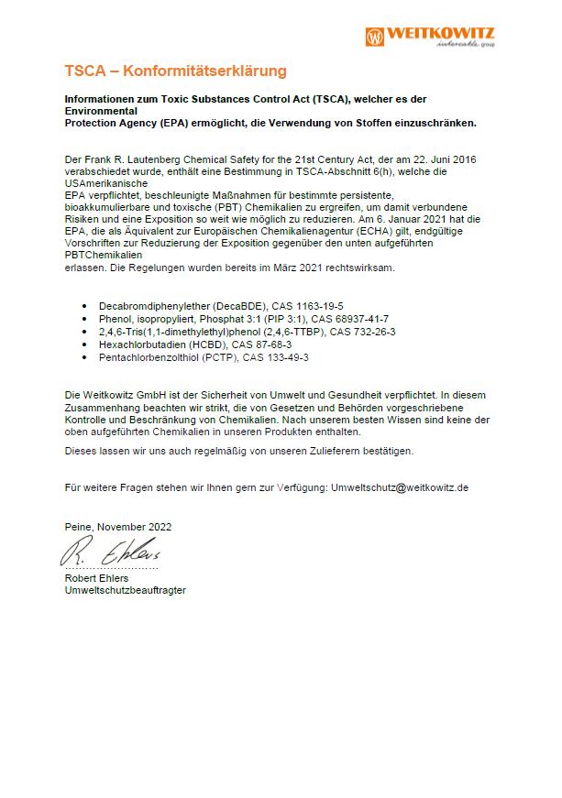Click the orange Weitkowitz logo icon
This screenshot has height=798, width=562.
coord(375,37)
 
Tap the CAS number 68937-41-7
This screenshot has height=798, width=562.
coord(355,319)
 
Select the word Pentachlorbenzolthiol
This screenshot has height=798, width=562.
coord(147,357)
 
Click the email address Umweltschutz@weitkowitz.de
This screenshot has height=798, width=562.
coord(400,487)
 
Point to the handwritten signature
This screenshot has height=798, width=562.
coord(110,552)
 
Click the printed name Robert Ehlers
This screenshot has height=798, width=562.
coord(96,578)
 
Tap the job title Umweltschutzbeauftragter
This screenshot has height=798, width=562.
coord(125,590)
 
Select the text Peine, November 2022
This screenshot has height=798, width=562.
coord(118,527)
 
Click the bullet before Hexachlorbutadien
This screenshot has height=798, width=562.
coord(85,344)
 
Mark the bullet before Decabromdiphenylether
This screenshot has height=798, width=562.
coord(85,306)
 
